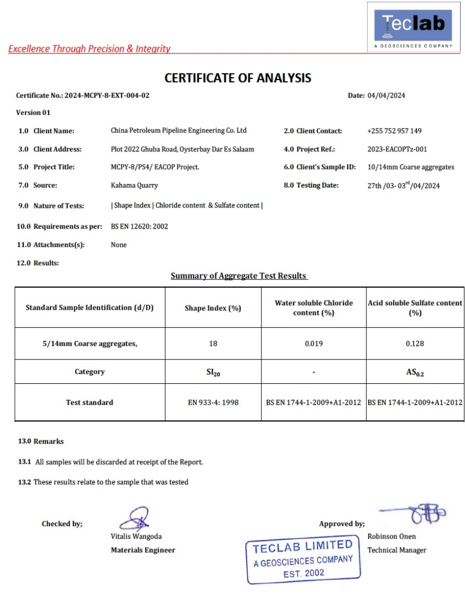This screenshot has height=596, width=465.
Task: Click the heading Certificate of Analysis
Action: (x=238, y=78)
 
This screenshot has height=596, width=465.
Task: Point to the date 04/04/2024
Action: (x=386, y=96)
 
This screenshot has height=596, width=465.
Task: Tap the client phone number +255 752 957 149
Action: (x=394, y=131)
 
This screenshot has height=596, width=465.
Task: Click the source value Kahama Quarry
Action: (x=134, y=185)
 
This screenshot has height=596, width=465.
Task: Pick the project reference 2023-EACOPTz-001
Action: (x=397, y=149)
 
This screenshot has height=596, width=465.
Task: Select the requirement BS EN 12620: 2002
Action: (x=139, y=227)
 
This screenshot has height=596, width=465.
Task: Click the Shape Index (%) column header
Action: (x=213, y=308)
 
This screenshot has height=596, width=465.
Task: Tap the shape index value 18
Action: (x=213, y=344)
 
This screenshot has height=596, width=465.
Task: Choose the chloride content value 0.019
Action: (x=314, y=344)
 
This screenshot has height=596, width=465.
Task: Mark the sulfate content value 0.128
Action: (x=415, y=344)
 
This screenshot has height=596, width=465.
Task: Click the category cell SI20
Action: (x=213, y=373)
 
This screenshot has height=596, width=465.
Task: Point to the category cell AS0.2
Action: (x=415, y=373)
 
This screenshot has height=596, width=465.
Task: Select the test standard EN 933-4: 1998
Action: (x=213, y=402)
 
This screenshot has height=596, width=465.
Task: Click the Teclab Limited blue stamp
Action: (x=303, y=560)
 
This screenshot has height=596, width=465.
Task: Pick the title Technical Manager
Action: (x=396, y=550)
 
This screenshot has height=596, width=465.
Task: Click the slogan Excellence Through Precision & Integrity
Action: (x=89, y=49)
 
